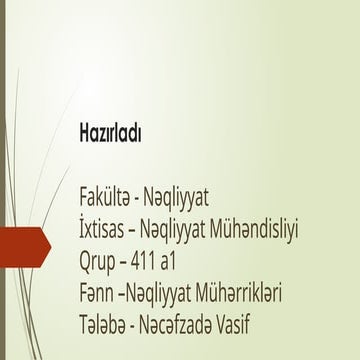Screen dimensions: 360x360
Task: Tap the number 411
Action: [x=163, y=262]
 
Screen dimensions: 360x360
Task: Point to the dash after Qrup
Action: [x=137, y=263]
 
